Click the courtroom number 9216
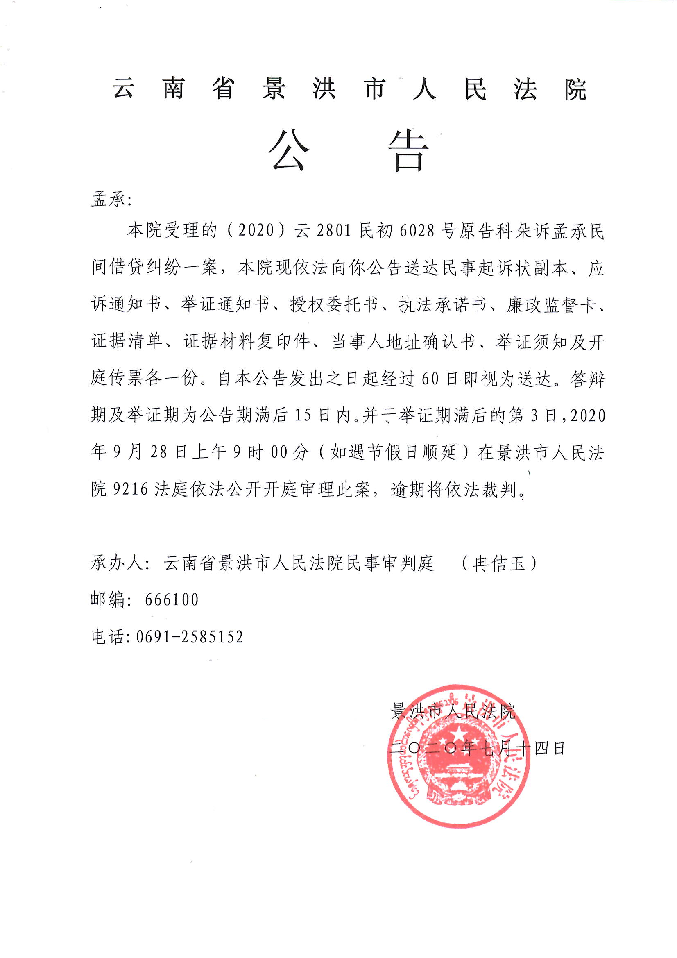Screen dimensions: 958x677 click(x=130, y=489)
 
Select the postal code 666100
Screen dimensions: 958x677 click(x=172, y=599)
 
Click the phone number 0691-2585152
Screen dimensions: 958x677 click(x=190, y=637)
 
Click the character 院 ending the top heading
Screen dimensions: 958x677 click(x=575, y=89)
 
